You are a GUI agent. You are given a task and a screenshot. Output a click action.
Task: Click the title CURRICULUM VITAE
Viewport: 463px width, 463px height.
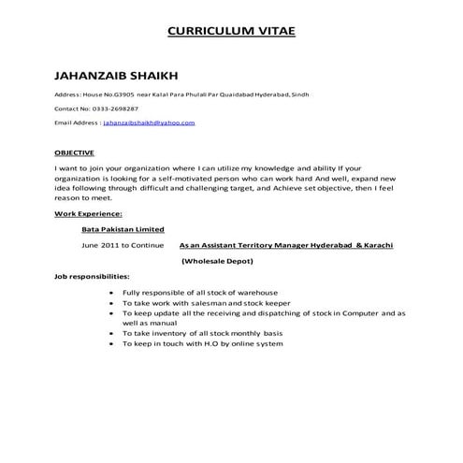(231, 31)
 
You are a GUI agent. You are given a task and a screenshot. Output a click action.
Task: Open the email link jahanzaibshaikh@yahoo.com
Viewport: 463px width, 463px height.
(149, 123)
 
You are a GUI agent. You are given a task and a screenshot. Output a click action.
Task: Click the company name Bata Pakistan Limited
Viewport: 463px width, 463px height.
(123, 229)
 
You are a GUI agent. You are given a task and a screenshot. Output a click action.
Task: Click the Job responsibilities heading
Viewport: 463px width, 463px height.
(93, 278)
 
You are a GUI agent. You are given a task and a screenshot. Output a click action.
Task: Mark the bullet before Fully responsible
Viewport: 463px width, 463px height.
(112, 294)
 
